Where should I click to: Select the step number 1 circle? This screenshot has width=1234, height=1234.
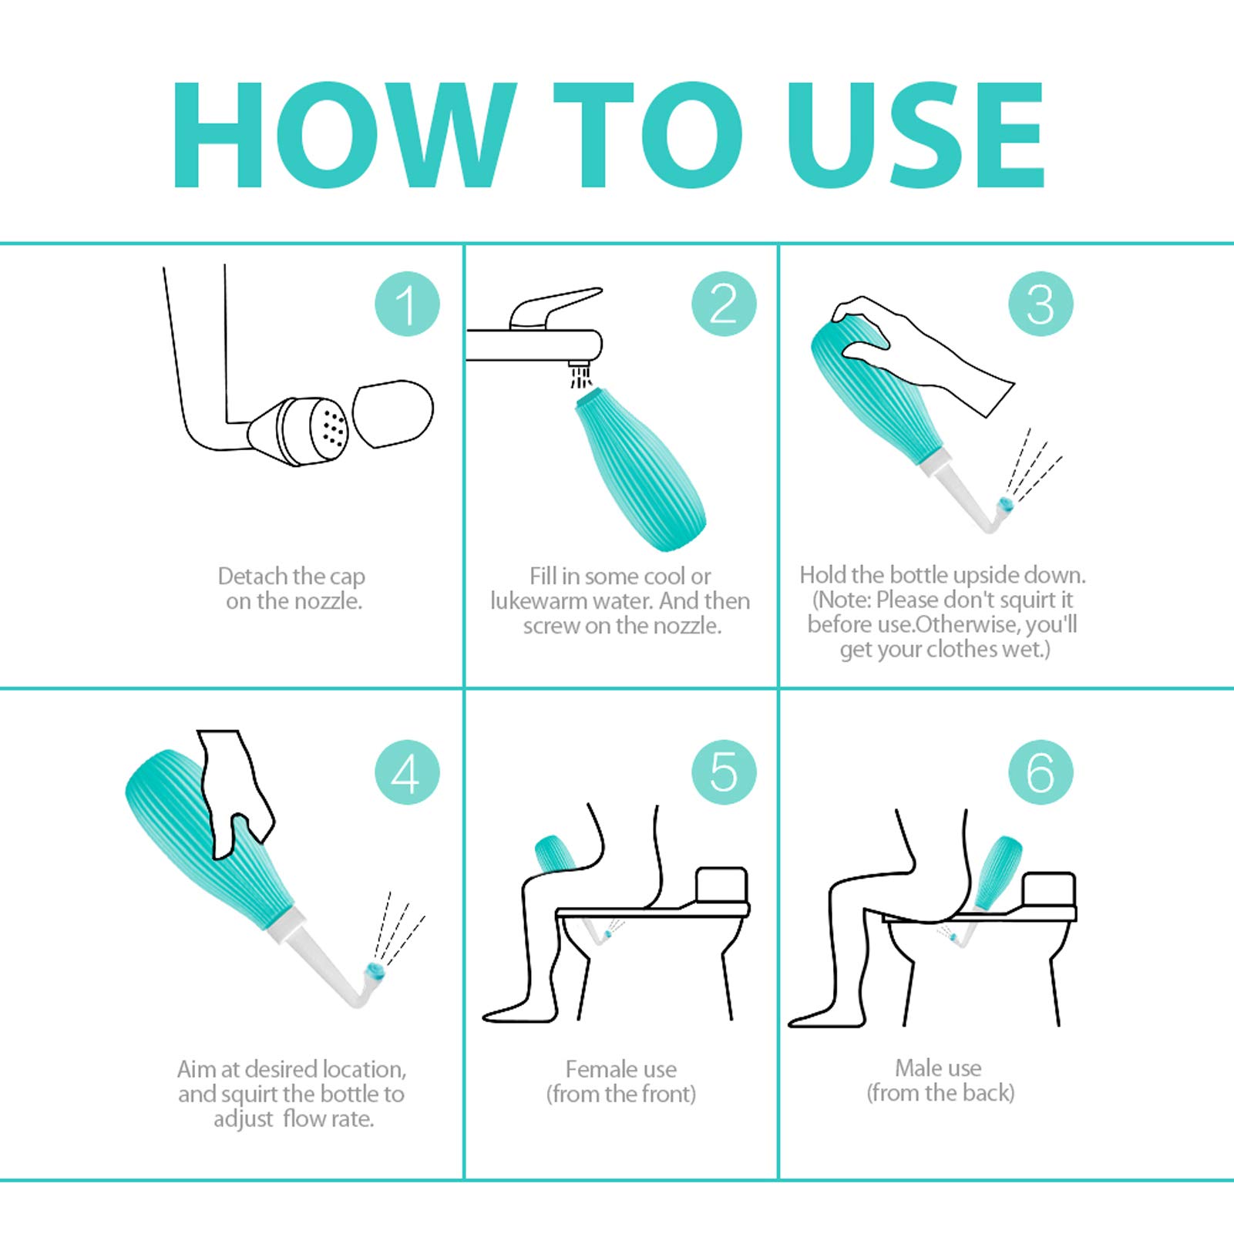[407, 304]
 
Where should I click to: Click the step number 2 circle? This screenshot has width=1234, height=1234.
[724, 304]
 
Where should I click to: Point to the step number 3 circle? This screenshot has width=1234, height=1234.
[1041, 304]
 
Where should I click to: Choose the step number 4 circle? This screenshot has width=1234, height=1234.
[407, 772]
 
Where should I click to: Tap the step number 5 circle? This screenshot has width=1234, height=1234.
[724, 772]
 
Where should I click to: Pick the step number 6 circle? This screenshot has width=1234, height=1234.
[1041, 772]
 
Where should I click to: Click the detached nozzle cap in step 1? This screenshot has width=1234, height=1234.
[393, 413]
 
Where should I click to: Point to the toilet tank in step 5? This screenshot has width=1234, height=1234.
[721, 886]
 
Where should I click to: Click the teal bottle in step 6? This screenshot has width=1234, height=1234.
[997, 873]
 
